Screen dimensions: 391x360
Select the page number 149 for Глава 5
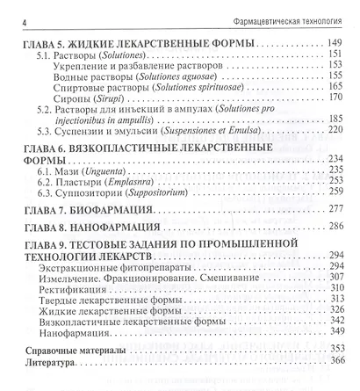click(332, 42)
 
